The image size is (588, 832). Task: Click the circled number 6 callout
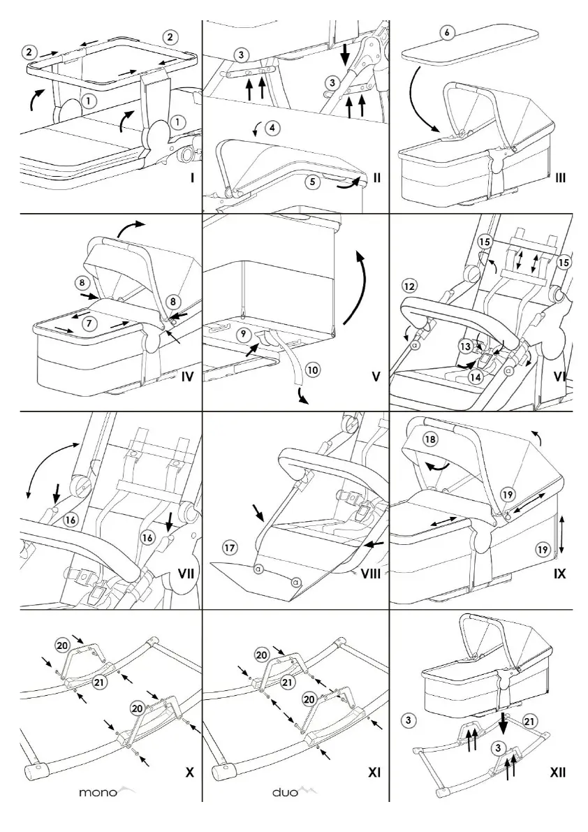(447, 33)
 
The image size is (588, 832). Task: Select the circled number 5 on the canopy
(313, 182)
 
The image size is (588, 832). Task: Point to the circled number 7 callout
(88, 323)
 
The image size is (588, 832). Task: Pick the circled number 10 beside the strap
(312, 369)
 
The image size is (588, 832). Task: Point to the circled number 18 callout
(431, 439)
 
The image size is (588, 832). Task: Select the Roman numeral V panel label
(376, 378)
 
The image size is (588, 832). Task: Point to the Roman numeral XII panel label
(557, 773)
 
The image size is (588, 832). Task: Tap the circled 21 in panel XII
(530, 720)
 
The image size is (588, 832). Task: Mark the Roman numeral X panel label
(189, 773)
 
